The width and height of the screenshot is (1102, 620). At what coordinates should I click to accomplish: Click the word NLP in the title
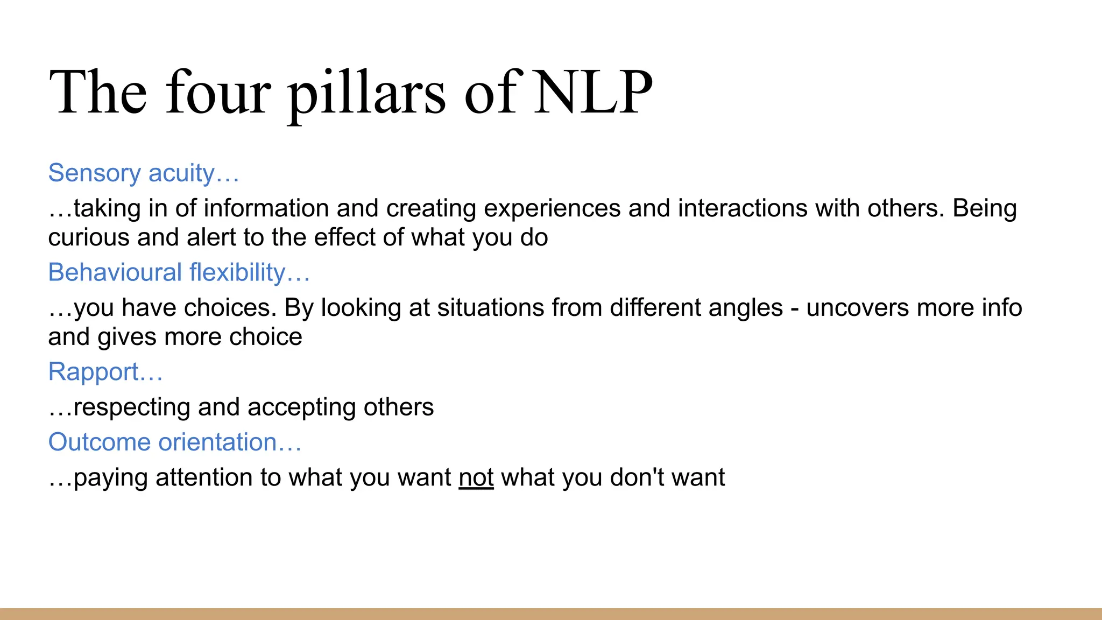(x=594, y=93)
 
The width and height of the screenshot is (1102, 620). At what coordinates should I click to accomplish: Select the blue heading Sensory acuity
(x=143, y=173)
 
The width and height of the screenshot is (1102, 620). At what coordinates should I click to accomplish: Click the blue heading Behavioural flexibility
(x=179, y=272)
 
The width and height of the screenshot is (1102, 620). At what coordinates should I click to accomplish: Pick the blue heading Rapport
(x=105, y=372)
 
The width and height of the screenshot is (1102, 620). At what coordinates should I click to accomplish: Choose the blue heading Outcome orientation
(x=174, y=442)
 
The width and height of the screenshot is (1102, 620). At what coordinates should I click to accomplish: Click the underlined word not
(x=476, y=478)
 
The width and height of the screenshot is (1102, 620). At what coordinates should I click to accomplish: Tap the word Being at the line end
(x=984, y=208)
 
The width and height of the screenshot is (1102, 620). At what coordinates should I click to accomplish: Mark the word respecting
(x=132, y=407)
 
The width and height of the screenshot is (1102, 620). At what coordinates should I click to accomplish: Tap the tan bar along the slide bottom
(x=551, y=614)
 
